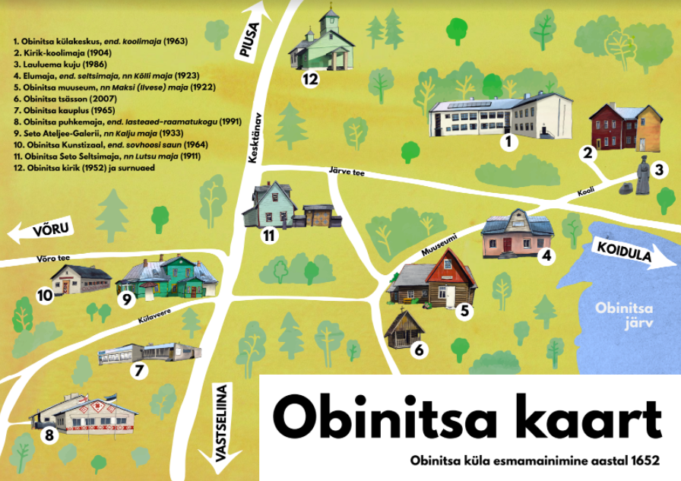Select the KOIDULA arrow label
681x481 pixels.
(626, 252)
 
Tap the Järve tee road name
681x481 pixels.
(347, 174)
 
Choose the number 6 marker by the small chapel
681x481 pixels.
(415, 350)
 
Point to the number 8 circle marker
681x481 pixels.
(49, 436)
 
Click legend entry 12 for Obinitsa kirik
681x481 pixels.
(90, 166)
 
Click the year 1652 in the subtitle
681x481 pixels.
(641, 460)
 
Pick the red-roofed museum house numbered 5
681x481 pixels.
(437, 281)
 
